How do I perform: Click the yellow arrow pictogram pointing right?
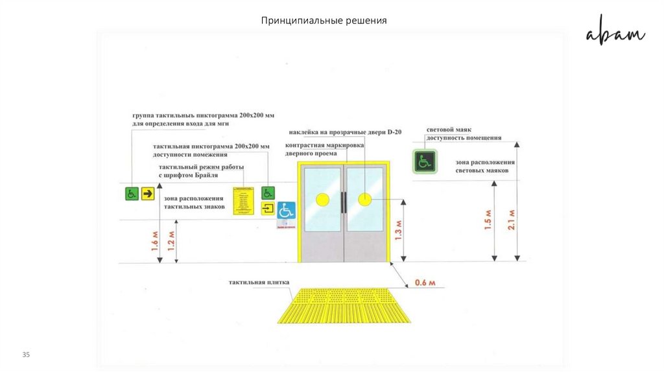pyautogui.click(x=148, y=193)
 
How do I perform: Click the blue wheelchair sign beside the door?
pyautogui.click(x=286, y=211)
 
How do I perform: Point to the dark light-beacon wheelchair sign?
pyautogui.click(x=425, y=161)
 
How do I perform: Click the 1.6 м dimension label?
pyautogui.click(x=155, y=242)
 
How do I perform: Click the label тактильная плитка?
pyautogui.click(x=259, y=283)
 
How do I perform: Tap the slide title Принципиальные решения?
pyautogui.click(x=324, y=21)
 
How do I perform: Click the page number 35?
pyautogui.click(x=27, y=355)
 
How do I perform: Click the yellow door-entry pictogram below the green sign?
pyautogui.click(x=268, y=208)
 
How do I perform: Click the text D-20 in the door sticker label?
pyautogui.click(x=394, y=132)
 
